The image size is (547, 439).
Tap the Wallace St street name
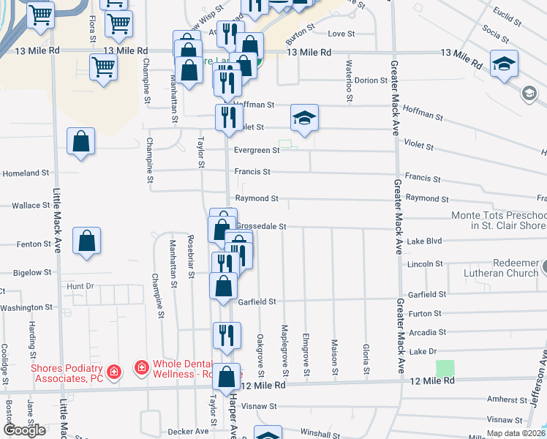31,206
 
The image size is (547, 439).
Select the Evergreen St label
257,151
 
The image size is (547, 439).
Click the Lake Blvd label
425,241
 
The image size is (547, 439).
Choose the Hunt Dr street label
80,286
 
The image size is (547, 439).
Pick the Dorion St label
371,80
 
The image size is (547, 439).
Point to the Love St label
341,34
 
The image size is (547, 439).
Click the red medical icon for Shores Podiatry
113,372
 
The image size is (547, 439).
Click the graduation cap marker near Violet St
305,117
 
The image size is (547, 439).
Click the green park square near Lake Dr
445,368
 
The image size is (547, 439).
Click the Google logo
24,430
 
